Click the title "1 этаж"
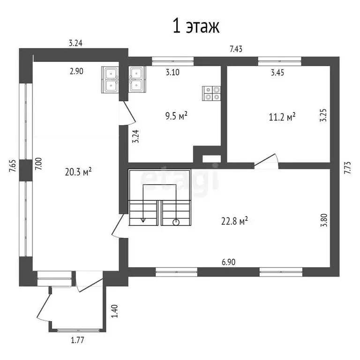(x=196, y=26)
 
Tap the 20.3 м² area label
(x=78, y=172)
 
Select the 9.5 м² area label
(x=176, y=116)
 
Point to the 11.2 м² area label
(x=282, y=117)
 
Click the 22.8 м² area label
(x=234, y=221)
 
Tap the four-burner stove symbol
(x=211, y=93)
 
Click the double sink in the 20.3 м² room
(x=110, y=80)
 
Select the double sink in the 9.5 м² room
(x=137, y=79)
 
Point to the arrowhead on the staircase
(x=143, y=220)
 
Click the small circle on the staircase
(x=176, y=222)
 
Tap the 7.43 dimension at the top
(x=236, y=49)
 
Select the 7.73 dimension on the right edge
(x=348, y=168)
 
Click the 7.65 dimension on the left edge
(x=13, y=166)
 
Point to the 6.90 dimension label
(x=228, y=262)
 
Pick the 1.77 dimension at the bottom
(x=77, y=340)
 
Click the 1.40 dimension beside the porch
(x=114, y=311)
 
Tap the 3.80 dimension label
(x=324, y=220)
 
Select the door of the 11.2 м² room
(x=266, y=160)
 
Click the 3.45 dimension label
(x=277, y=73)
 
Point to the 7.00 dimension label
(x=38, y=164)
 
